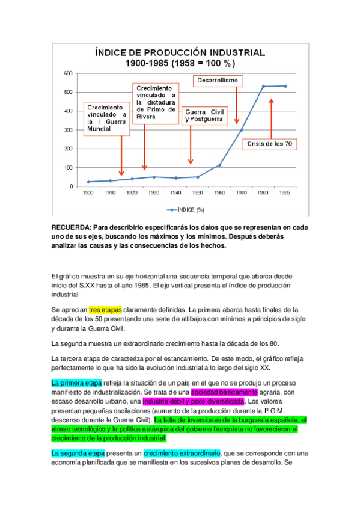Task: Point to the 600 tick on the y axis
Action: pos(68,73)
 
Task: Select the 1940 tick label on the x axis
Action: pos(175,193)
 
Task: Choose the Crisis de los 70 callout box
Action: pos(270,144)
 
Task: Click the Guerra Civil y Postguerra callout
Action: pos(204,116)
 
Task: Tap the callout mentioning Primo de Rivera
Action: pos(156,102)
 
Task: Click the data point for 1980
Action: pos(263,87)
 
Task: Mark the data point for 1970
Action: pos(242,130)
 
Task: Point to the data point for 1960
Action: pos(219,165)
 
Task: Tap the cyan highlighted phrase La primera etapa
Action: pos(76,382)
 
